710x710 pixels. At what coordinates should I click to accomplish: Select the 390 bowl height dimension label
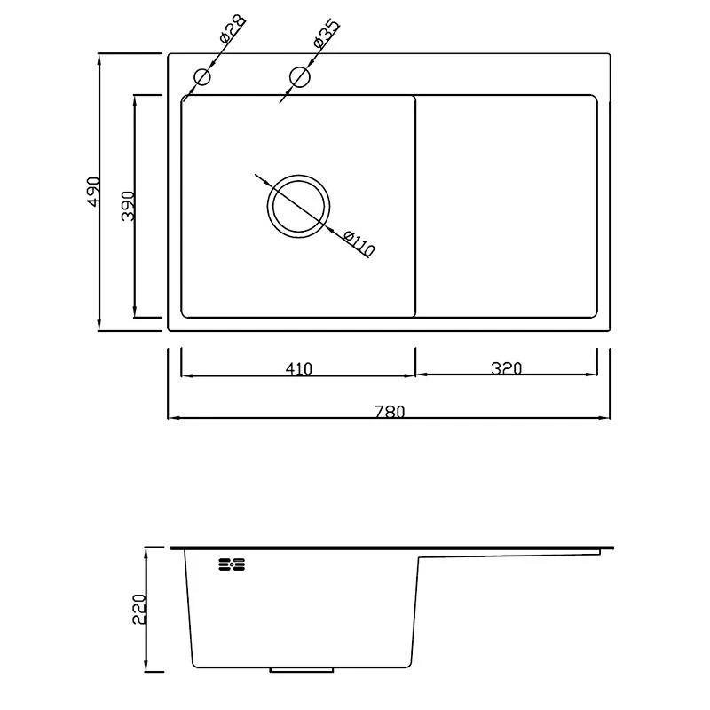(x=128, y=206)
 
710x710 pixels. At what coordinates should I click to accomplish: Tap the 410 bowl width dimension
(x=299, y=369)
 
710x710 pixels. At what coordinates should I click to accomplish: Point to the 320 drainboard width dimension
(x=507, y=368)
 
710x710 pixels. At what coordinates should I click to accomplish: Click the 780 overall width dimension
(x=390, y=412)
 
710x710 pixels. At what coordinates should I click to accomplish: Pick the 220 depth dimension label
(x=139, y=610)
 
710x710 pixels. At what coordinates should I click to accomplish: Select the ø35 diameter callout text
(x=326, y=33)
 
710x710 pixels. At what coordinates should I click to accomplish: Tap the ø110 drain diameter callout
(x=359, y=244)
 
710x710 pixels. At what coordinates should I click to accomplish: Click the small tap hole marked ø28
(x=202, y=77)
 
